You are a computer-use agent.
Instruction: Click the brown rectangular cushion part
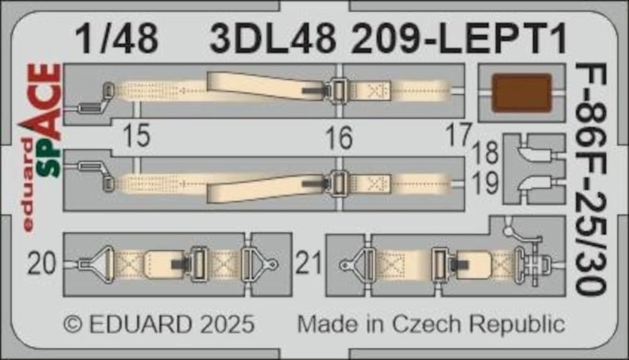[521, 93]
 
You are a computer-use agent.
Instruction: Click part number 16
[340, 138]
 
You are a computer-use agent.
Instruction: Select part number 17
[459, 135]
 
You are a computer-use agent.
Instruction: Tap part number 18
[487, 153]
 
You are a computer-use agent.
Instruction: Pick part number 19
[487, 183]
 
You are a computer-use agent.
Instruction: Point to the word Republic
[519, 325]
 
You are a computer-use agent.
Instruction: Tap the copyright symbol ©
[74, 325]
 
